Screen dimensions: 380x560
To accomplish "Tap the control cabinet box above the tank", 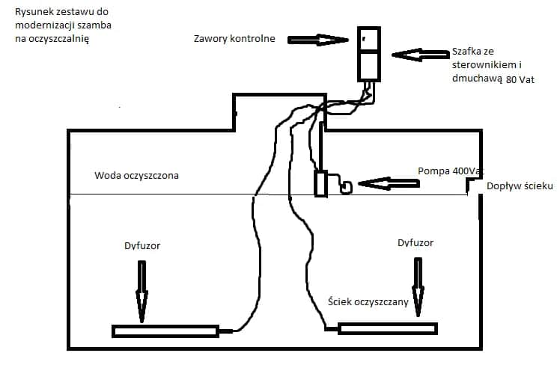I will click(x=368, y=54).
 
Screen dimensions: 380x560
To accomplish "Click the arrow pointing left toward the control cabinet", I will click(x=419, y=55).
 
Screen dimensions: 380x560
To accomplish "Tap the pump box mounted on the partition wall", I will click(x=321, y=183).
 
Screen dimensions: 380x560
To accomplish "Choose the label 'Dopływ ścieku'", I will click(x=520, y=186).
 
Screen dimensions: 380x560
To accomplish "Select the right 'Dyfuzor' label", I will click(x=415, y=242).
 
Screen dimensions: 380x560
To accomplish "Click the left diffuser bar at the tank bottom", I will click(x=165, y=330).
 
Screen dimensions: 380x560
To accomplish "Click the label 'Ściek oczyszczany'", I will click(x=368, y=301).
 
